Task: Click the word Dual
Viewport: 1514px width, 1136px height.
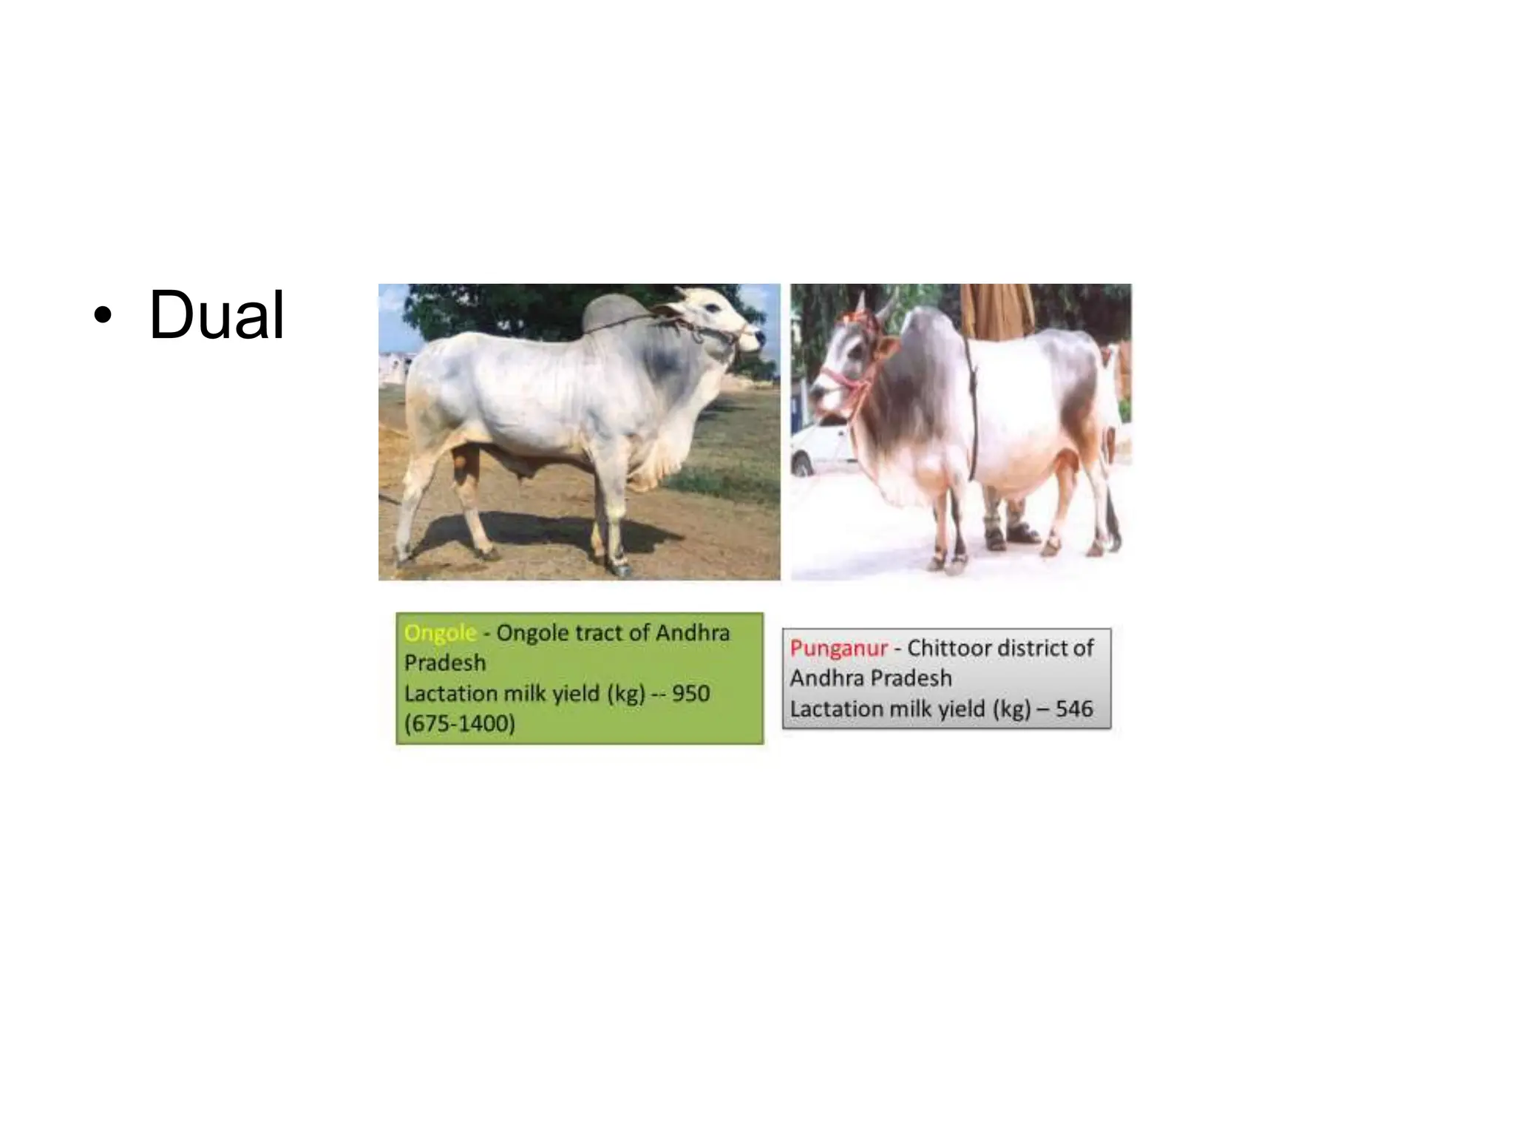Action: [x=217, y=316]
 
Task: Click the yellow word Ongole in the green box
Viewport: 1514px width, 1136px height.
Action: [x=440, y=633]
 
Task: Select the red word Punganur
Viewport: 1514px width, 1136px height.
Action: [x=838, y=649]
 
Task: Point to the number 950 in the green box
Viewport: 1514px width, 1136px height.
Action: [x=690, y=694]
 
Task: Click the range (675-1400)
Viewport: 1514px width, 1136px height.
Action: [x=459, y=723]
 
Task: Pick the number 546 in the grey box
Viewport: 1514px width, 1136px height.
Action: [x=1073, y=709]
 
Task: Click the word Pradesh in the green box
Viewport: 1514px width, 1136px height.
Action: [x=445, y=663]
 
